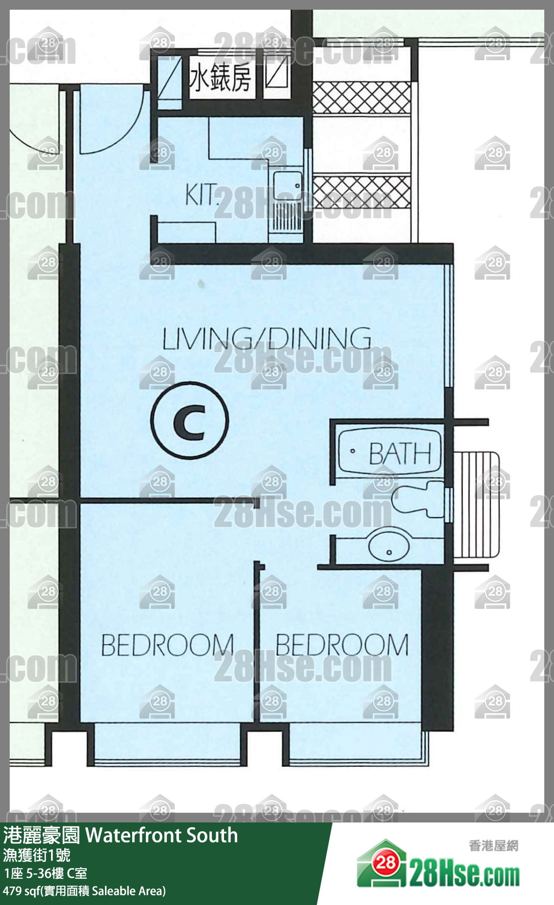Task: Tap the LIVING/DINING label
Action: (267, 338)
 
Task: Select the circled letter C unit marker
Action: (190, 420)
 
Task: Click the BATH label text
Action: (400, 453)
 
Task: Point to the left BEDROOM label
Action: (168, 645)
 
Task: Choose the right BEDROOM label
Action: (342, 645)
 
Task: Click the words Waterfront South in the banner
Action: (162, 835)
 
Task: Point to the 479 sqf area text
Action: (84, 891)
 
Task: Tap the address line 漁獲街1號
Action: (36, 855)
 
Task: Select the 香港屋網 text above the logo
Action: (493, 845)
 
